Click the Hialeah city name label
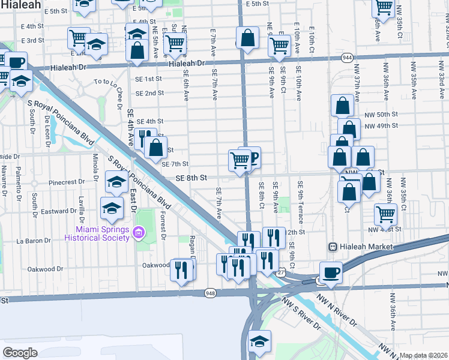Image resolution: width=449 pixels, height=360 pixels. pyautogui.click(x=21, y=5)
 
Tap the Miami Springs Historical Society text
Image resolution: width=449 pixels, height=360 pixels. pyautogui.click(x=103, y=233)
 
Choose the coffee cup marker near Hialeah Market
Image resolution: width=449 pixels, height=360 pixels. pyautogui.click(x=331, y=273)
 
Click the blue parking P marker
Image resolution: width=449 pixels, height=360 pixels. pyautogui.click(x=252, y=158)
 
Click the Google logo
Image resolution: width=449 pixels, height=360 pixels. pyautogui.click(x=20, y=353)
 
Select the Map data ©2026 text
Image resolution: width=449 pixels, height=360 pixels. pyautogui.click(x=423, y=355)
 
